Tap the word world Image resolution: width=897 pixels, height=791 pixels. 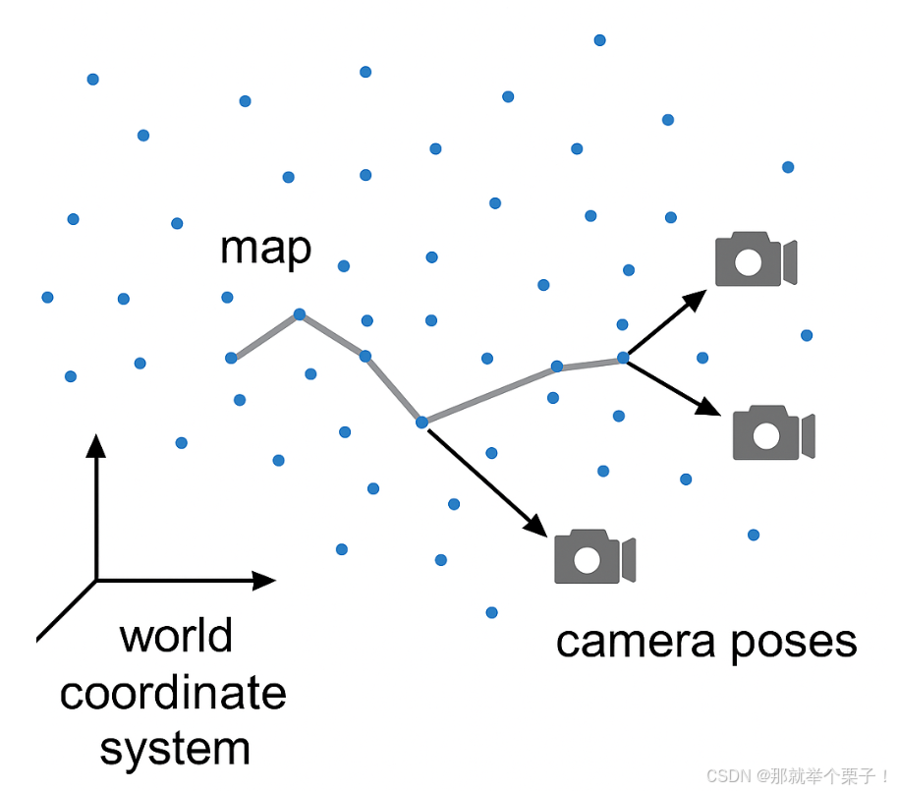click(x=176, y=636)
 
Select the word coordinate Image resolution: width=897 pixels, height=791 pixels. click(x=173, y=693)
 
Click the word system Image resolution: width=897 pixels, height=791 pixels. click(x=175, y=749)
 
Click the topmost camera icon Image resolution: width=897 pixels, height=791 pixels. click(x=755, y=259)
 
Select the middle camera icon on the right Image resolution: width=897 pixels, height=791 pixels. click(x=773, y=432)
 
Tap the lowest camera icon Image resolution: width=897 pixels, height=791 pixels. click(x=594, y=557)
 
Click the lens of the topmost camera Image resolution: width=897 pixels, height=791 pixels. click(x=749, y=262)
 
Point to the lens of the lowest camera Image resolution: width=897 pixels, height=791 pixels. click(x=588, y=560)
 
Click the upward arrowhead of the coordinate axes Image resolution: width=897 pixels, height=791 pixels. click(x=95, y=447)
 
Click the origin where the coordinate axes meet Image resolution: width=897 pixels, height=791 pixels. click(x=96, y=580)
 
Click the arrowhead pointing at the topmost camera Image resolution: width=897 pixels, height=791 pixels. click(x=696, y=299)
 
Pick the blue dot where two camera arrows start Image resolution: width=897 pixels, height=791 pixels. click(x=622, y=358)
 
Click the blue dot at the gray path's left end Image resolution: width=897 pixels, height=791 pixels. click(x=231, y=358)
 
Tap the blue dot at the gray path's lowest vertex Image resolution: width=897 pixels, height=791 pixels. click(x=421, y=423)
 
